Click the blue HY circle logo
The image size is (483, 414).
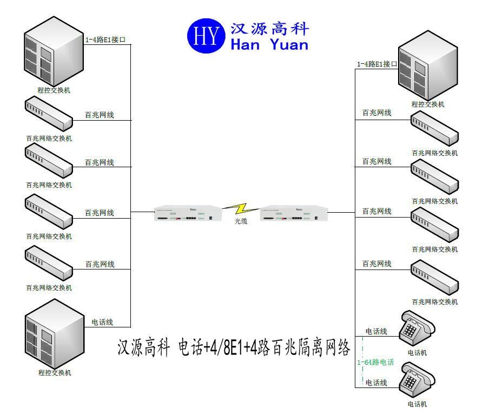tap(206, 36)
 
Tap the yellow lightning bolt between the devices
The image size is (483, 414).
tap(241, 209)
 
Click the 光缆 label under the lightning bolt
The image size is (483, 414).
tap(241, 221)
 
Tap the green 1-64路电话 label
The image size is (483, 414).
tap(375, 362)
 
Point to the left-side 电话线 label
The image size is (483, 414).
tap(102, 322)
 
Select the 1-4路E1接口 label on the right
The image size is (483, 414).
tap(376, 64)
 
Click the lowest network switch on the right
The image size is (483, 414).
tap(434, 277)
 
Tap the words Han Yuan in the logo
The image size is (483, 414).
tap(269, 44)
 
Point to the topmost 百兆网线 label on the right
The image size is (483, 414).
tap(376, 113)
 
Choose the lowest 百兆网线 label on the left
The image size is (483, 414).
tap(100, 265)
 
